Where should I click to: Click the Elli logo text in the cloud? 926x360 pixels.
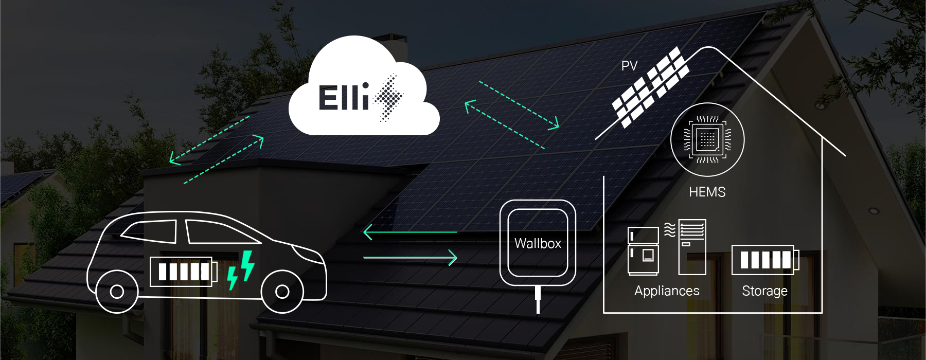point(344,97)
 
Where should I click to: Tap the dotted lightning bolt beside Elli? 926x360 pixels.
point(388,98)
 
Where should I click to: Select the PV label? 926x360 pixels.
point(629,66)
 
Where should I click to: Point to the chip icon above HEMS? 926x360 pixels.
point(707,139)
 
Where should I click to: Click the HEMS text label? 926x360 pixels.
point(707,192)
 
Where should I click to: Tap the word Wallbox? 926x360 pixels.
point(538,243)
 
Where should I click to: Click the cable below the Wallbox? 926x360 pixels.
point(538,300)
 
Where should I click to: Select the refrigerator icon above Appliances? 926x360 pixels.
point(643,251)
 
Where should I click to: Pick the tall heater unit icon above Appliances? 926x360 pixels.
point(692,247)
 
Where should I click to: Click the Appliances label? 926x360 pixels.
point(667,291)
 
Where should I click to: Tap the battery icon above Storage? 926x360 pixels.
point(765,260)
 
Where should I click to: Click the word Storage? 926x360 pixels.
point(764,291)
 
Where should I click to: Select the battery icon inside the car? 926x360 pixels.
point(184,272)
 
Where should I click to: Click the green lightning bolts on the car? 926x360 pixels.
point(241,269)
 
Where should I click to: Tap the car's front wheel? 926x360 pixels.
point(282,292)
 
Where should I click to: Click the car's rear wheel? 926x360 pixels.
point(117,292)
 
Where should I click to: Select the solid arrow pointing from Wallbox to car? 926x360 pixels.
point(410,232)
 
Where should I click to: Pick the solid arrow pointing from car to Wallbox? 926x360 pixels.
point(410,257)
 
